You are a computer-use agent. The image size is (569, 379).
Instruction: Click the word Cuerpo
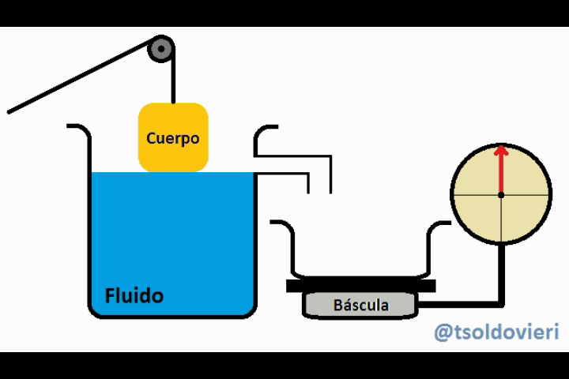(172, 138)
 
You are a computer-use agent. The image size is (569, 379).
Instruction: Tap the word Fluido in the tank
(134, 296)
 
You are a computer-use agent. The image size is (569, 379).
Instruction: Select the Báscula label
(360, 305)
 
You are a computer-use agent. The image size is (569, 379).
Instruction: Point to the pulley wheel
(162, 50)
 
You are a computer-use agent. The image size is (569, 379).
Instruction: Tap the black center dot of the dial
(500, 194)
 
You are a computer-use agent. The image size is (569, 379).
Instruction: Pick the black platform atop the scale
(360, 285)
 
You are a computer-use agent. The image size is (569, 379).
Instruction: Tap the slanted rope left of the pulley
(79, 81)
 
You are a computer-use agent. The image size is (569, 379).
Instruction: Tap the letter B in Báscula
(337, 305)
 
